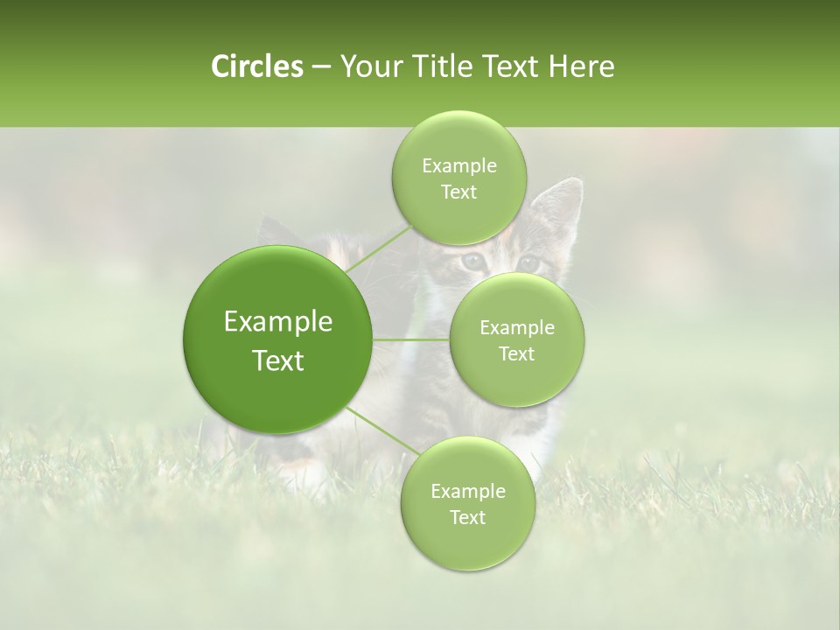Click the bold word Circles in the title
tap(256, 66)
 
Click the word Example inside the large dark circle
tap(278, 322)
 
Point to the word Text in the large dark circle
tap(278, 360)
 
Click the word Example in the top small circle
tap(458, 166)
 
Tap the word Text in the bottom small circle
tap(467, 517)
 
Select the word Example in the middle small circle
tap(517, 328)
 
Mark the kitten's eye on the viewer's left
tap(472, 260)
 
